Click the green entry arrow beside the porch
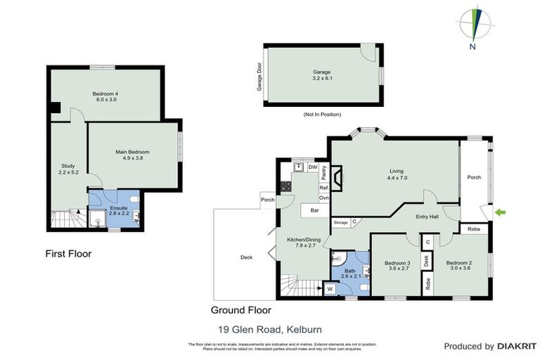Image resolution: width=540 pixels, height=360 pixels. pyautogui.click(x=500, y=211)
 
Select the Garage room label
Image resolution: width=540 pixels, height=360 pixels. pyautogui.click(x=321, y=75)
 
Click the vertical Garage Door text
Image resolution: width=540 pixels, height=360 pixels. pyautogui.click(x=259, y=75)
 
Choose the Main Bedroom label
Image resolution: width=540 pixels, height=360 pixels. pyautogui.click(x=132, y=155)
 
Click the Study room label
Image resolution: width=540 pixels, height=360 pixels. pyautogui.click(x=67, y=169)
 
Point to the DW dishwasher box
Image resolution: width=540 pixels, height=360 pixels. pyautogui.click(x=313, y=167)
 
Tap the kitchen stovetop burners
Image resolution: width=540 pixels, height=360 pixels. pyautogui.click(x=286, y=187)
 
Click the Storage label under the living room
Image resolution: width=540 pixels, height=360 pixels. pyautogui.click(x=341, y=222)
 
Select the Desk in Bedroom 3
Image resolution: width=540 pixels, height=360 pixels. pyautogui.click(x=427, y=260)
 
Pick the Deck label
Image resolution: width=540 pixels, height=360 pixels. pyautogui.click(x=246, y=257)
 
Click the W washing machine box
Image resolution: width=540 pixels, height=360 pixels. pyautogui.click(x=328, y=288)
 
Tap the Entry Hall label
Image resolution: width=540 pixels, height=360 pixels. pyautogui.click(x=427, y=217)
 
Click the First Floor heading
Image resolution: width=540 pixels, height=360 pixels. pyautogui.click(x=68, y=253)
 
